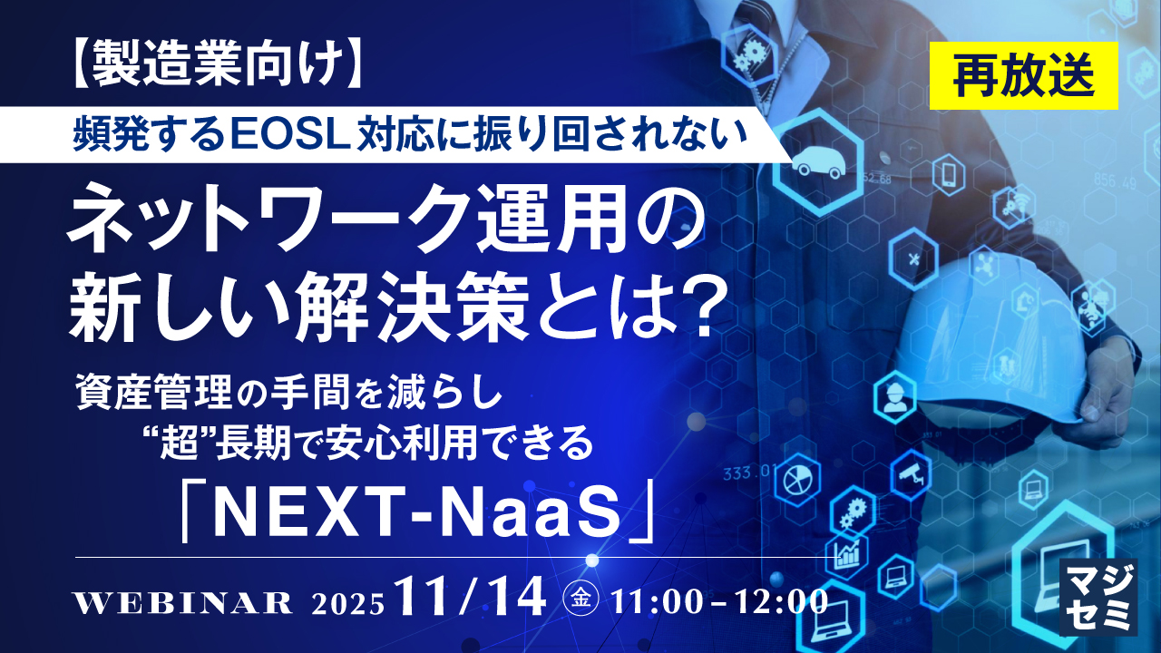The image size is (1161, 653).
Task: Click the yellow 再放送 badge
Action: [x=1024, y=75]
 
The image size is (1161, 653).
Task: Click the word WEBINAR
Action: [x=184, y=603]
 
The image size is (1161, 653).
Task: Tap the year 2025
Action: [x=347, y=604]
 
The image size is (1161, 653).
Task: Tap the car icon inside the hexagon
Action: [x=819, y=162]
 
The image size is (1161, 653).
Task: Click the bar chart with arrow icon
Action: [x=847, y=554]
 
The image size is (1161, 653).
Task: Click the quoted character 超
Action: [x=180, y=443]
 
